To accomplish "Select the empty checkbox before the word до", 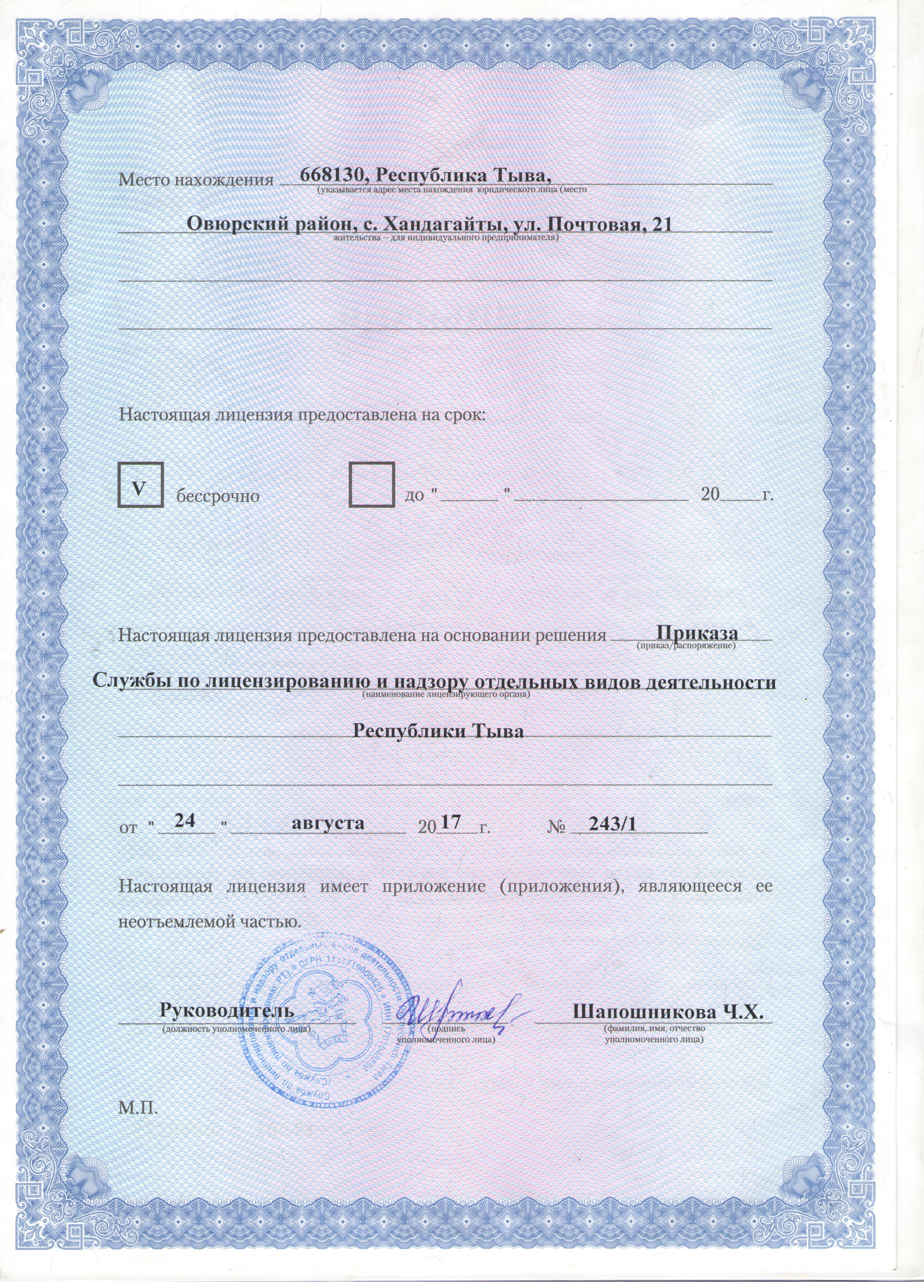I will coord(371,484).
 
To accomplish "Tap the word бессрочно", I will coord(218,497).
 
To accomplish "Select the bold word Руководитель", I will coord(227,1010).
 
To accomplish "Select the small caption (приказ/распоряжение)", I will coord(686,645).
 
